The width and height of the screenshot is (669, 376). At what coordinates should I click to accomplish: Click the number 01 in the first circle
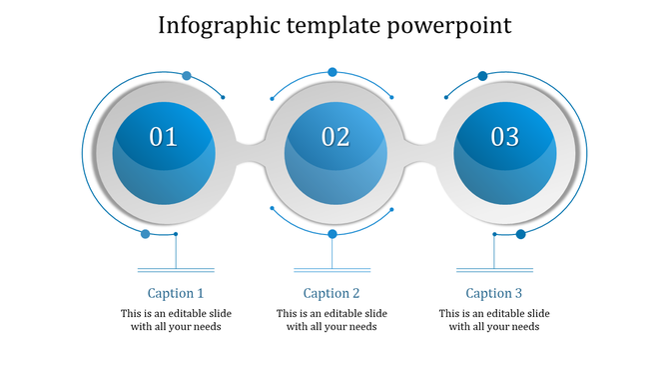coord(163,137)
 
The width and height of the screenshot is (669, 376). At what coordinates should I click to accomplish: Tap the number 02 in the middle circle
coord(335,137)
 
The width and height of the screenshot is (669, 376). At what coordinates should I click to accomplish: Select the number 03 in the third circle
coord(505,137)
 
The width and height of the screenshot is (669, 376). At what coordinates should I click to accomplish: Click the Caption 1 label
coord(176,293)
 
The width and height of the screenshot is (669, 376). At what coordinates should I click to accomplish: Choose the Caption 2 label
coord(332,293)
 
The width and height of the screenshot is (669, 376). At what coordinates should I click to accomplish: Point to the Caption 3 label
coord(494,293)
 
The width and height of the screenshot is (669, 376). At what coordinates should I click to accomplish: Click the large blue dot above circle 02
coord(333,72)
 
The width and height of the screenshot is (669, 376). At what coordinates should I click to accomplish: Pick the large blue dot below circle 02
coord(333,234)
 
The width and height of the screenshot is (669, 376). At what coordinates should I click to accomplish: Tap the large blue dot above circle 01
coord(186,76)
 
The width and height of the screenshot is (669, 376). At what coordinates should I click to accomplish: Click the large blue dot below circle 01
coord(146,234)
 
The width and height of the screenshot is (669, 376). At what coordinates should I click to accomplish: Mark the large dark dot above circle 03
coord(482,76)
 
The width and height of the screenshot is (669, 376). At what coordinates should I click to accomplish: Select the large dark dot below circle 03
coord(520,234)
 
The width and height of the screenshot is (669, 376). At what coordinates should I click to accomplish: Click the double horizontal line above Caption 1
coord(176,269)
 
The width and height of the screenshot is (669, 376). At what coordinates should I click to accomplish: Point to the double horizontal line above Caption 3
coord(494,269)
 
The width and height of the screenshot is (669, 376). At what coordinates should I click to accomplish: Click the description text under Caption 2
coord(332,320)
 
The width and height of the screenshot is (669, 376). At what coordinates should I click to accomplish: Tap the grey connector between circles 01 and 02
coord(250,151)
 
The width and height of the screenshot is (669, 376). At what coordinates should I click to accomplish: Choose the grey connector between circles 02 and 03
coord(420,151)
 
